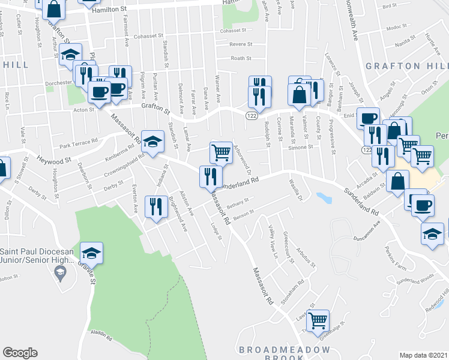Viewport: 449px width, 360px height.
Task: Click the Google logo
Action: [x=20, y=353]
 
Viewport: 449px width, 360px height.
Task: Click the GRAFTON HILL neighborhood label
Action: [x=412, y=66]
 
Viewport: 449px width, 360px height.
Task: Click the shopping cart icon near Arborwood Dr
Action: [x=221, y=152]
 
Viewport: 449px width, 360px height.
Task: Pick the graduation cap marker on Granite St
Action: [x=91, y=253]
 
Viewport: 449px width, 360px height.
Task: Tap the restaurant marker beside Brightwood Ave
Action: [x=156, y=206]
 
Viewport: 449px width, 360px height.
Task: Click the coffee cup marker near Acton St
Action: [x=99, y=92]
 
